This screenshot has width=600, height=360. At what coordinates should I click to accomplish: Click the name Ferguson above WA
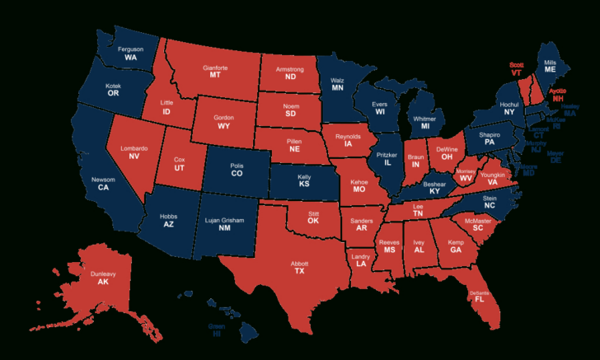pyautogui.click(x=130, y=49)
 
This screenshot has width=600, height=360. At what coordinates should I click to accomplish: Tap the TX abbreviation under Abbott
pyautogui.click(x=299, y=271)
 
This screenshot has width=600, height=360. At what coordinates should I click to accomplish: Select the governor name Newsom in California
pyautogui.click(x=103, y=180)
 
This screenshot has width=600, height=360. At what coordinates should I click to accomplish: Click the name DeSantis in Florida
pyautogui.click(x=479, y=292)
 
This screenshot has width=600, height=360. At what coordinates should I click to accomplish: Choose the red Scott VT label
pyautogui.click(x=517, y=64)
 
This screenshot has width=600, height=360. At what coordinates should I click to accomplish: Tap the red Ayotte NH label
pyautogui.click(x=558, y=91)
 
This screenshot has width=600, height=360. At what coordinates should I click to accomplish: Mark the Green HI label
pyautogui.click(x=216, y=326)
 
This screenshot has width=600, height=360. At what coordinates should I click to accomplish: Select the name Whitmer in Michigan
pyautogui.click(x=425, y=117)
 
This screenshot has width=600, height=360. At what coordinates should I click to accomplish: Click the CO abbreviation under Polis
pyautogui.click(x=237, y=175)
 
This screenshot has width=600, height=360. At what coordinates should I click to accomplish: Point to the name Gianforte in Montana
pyautogui.click(x=215, y=66)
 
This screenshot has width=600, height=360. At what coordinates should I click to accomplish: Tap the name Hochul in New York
pyautogui.click(x=509, y=105)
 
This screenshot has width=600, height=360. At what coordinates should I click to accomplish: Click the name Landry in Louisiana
pyautogui.click(x=360, y=256)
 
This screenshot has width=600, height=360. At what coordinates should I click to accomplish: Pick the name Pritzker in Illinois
pyautogui.click(x=387, y=155)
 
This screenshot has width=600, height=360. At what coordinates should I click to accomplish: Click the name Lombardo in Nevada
pyautogui.click(x=134, y=148)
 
